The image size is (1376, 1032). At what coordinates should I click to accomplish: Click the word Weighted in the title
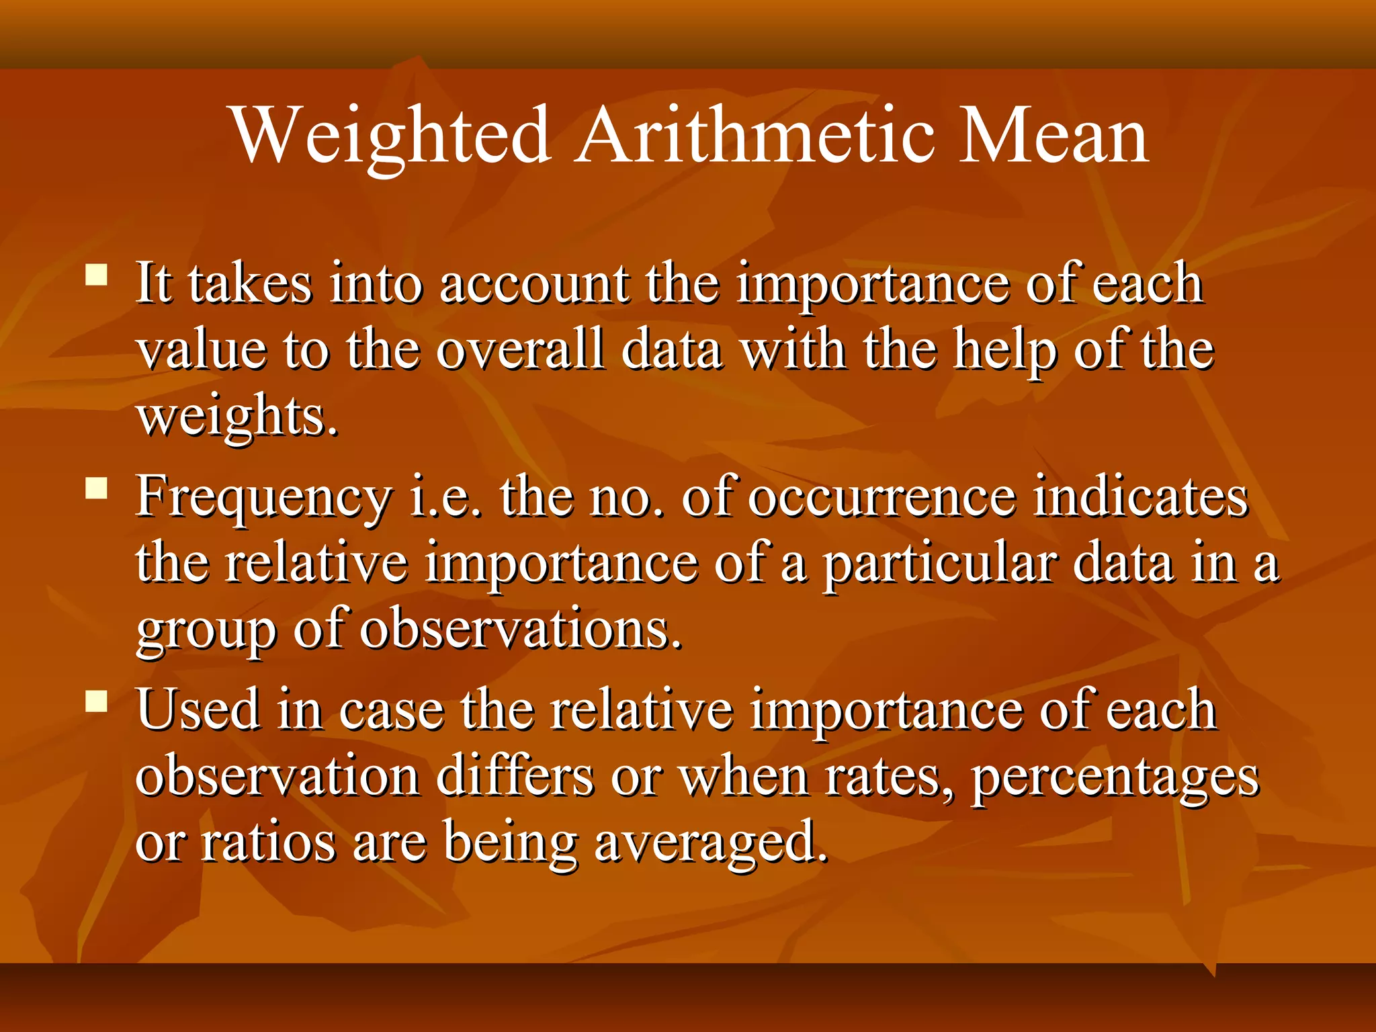pos(392,136)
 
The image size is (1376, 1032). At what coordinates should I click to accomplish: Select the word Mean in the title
pos(1053,136)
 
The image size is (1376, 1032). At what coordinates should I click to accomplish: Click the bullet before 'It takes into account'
pos(97,275)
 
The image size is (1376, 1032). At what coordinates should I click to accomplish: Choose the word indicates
pos(1140,497)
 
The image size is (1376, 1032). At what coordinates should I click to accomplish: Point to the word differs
pos(515,777)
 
